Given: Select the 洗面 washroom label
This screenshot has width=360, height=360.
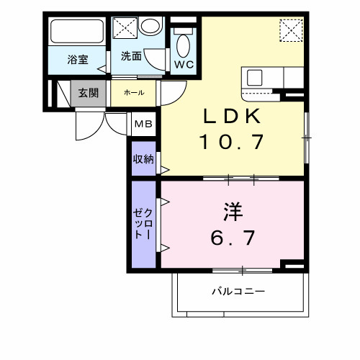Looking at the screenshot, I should [x=130, y=55].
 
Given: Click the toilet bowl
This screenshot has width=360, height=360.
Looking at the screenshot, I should [x=183, y=45].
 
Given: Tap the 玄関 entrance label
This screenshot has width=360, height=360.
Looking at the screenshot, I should [x=89, y=92].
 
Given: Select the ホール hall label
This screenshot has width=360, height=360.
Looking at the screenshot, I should [x=134, y=92].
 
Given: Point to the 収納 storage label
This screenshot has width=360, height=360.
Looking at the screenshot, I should [x=143, y=159].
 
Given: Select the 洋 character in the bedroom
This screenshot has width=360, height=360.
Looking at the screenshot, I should [x=232, y=213].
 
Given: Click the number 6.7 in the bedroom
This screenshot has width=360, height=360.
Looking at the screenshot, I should [x=232, y=237].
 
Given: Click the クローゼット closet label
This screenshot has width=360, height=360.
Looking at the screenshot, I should [x=143, y=225].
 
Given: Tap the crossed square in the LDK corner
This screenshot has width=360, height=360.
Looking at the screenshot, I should [x=291, y=31].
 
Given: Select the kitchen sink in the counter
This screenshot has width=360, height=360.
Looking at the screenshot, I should [x=256, y=78].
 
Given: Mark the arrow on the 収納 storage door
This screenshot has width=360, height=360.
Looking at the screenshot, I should [x=164, y=171].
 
